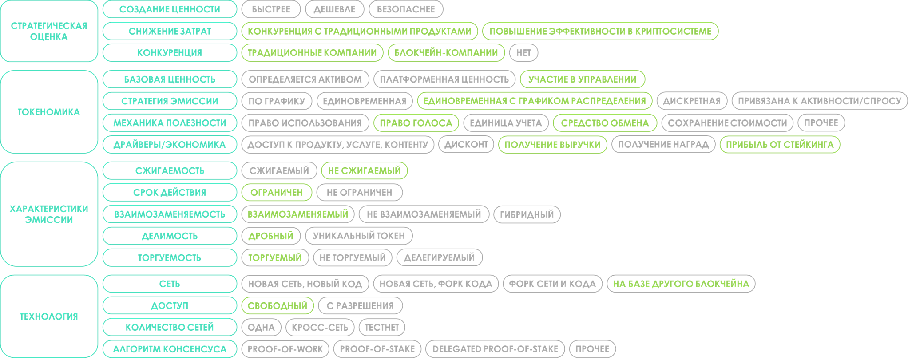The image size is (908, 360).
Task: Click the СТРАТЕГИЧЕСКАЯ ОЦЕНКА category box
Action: tap(49, 31)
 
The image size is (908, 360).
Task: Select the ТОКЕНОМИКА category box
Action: tap(49, 112)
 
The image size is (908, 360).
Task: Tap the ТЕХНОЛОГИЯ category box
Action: tap(49, 316)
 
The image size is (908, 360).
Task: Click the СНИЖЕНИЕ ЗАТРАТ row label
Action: tap(170, 31)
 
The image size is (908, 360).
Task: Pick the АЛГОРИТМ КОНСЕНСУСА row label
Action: tap(170, 349)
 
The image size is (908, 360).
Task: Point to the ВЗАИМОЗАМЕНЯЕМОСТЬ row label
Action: tap(170, 214)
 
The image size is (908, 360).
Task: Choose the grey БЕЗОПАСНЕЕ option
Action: tap(406, 9)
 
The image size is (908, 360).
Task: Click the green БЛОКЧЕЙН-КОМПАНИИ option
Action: tap(446, 53)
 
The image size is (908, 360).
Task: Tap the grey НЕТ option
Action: tap(523, 53)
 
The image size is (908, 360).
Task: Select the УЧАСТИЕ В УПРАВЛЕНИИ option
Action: tap(582, 79)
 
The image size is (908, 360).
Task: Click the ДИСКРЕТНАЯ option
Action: tap(691, 101)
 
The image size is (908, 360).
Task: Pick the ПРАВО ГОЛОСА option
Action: tap(416, 123)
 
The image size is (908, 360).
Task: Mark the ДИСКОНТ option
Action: tap(466, 145)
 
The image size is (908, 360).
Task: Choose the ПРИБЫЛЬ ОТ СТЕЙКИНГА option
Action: tap(779, 145)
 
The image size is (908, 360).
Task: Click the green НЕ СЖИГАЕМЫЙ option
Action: tap(364, 170)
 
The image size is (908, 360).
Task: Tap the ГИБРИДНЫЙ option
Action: tap(527, 214)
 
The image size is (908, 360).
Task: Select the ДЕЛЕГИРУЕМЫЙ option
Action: tap(439, 257)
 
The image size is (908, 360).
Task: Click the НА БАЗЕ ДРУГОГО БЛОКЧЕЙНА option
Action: tap(680, 284)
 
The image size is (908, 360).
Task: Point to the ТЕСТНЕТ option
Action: tap(381, 327)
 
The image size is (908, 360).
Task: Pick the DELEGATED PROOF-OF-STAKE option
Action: tap(495, 349)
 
